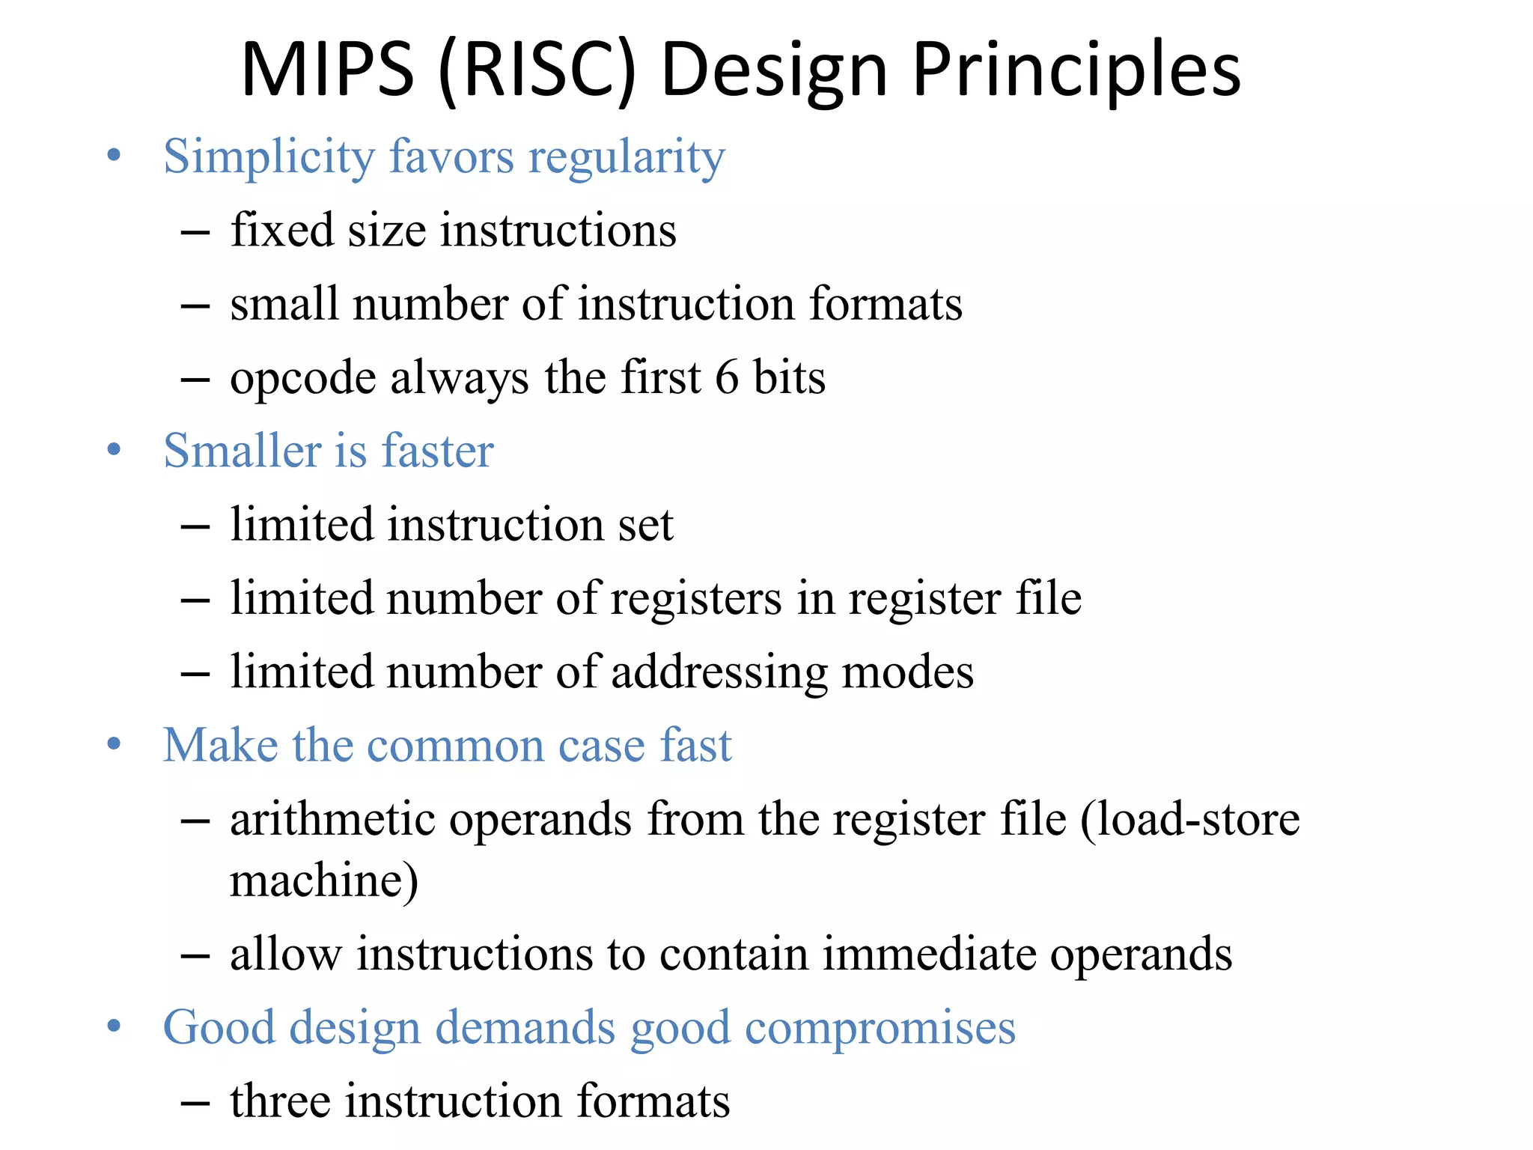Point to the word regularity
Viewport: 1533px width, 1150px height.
(627, 157)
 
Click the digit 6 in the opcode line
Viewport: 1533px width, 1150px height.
(727, 377)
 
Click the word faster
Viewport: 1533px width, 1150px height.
(437, 451)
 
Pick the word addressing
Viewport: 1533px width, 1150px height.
(719, 672)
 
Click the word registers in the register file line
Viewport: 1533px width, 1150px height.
(696, 599)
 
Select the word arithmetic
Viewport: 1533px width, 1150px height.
(332, 818)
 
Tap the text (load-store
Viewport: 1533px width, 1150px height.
(1189, 818)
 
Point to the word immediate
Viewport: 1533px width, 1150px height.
(928, 954)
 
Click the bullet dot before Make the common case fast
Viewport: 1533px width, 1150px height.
(114, 744)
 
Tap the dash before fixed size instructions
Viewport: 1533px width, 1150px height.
(195, 233)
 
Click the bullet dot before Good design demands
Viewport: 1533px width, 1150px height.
(114, 1026)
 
